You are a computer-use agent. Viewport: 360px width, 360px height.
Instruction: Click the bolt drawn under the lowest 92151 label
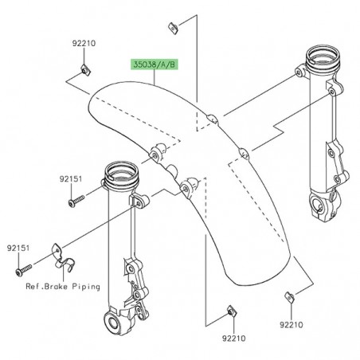point(17,272)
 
